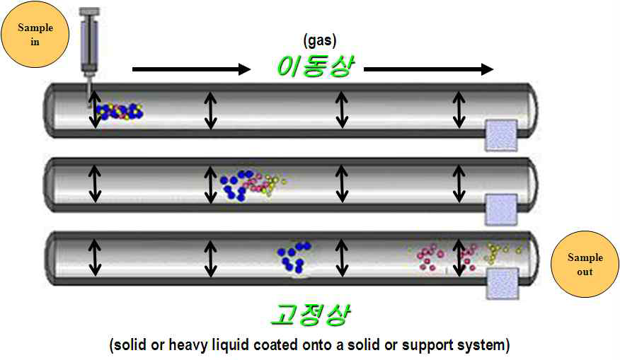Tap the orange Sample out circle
coord(585,263)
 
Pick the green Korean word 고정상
coord(309,314)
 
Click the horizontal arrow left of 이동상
coord(191,69)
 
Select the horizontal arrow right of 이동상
coord(428,69)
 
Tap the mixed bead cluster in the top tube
coord(120,111)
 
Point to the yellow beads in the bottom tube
coord(503,251)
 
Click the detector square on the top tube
coord(500,135)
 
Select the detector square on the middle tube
coord(501,209)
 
